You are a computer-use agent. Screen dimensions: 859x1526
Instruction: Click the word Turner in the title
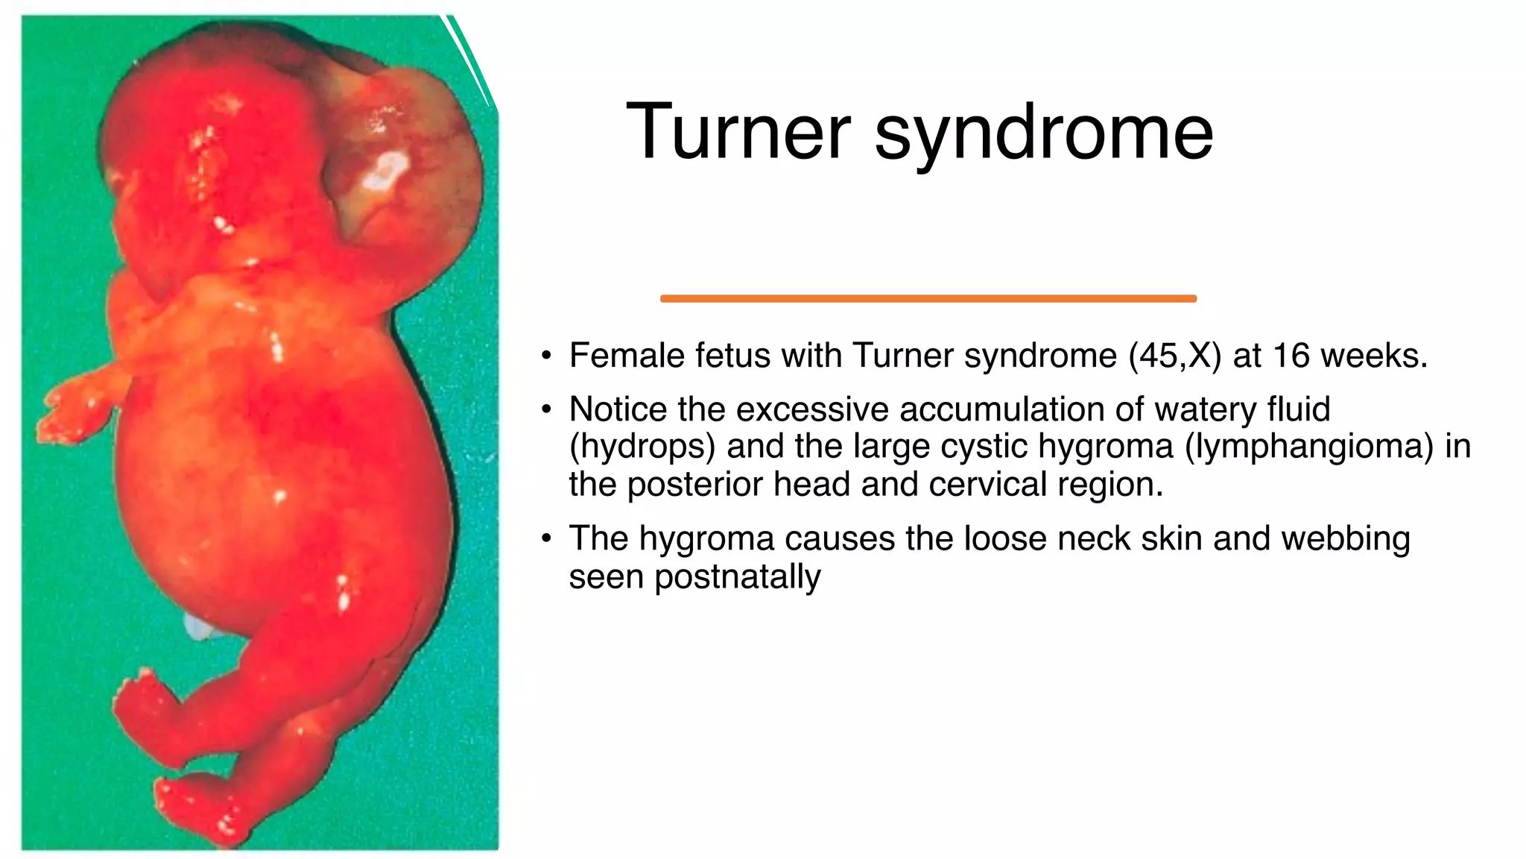[x=738, y=132]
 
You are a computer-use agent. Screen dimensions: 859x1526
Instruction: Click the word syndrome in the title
[x=1043, y=134]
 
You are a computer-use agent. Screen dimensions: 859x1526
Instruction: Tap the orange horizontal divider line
[x=928, y=298]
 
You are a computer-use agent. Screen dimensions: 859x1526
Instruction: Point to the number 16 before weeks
[x=1291, y=356]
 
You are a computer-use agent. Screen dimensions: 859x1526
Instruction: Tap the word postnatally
[x=737, y=577]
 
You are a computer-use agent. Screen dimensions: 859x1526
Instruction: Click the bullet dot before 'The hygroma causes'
[x=547, y=538]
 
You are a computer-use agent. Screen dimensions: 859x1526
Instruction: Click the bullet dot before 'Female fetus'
[x=547, y=356]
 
